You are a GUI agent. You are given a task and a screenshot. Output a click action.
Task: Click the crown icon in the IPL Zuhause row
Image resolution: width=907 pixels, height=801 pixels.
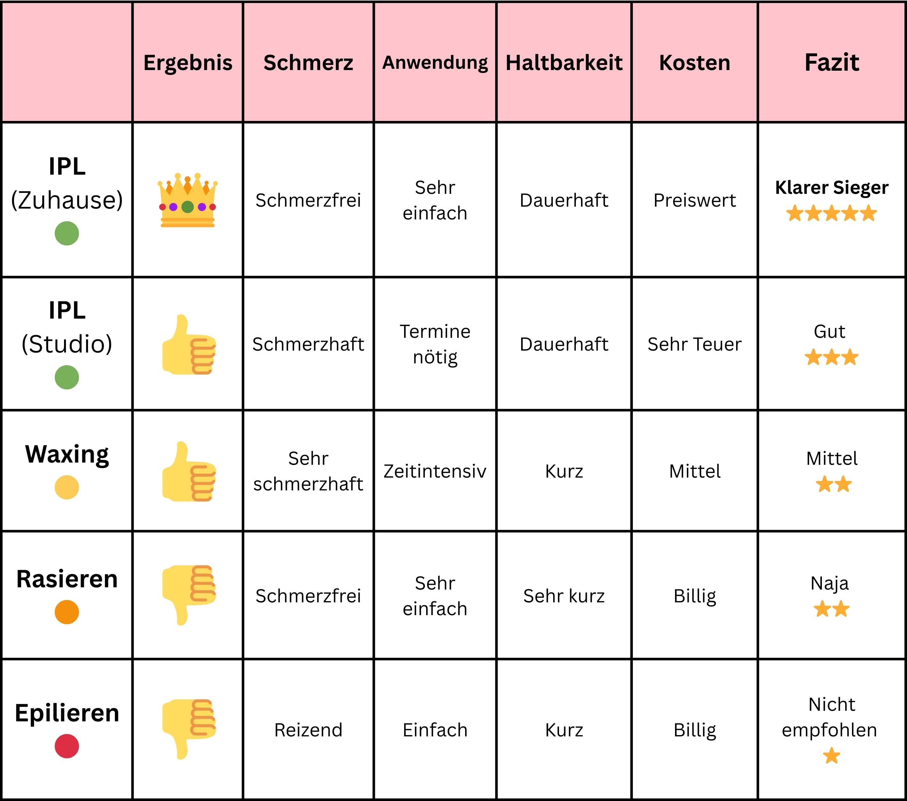point(188,201)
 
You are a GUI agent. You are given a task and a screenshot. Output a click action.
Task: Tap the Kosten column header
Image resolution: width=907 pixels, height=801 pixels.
point(695,63)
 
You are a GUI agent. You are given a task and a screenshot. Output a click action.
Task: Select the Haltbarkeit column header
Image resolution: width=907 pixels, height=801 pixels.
point(564,63)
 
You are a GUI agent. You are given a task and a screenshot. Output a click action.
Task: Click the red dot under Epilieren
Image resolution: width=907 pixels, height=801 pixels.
point(67,746)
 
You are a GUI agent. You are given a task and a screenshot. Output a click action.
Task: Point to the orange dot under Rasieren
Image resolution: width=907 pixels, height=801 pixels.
point(67,612)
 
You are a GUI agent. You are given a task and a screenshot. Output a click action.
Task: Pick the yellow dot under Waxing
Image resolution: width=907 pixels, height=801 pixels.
point(67,487)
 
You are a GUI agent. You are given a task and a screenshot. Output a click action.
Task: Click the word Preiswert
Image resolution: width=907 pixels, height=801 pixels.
point(695,201)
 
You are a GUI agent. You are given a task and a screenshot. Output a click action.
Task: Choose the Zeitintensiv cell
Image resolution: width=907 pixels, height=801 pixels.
point(435,471)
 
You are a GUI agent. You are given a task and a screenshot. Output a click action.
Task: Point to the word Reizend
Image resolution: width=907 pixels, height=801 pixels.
point(308,730)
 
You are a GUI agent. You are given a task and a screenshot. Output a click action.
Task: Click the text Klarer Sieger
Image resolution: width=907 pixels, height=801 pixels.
point(831,187)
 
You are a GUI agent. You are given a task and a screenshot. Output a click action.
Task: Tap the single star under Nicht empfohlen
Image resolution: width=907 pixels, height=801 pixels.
point(831,756)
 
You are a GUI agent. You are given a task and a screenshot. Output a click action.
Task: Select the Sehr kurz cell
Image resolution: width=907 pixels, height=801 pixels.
point(564,596)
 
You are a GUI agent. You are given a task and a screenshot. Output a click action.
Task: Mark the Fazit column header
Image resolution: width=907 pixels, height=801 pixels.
point(831,63)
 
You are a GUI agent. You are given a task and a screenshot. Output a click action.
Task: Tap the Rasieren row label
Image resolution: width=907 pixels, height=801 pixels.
point(67,579)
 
